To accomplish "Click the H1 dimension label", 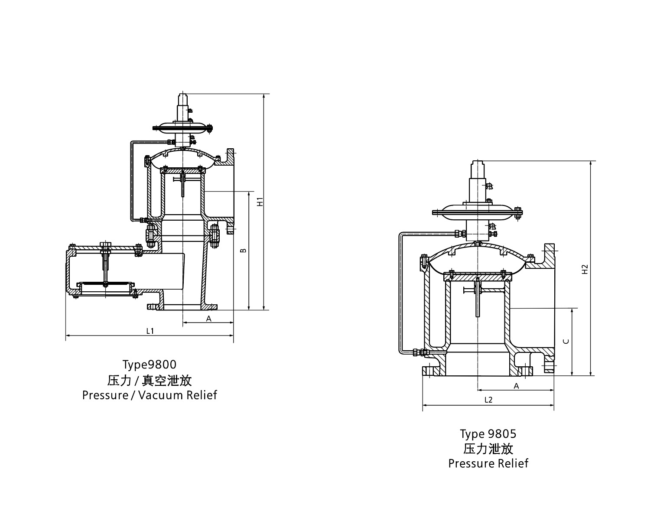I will (260, 202).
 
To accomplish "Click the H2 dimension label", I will (585, 269).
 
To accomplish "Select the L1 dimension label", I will (150, 331).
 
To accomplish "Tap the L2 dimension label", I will (488, 400).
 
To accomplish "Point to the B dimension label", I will (244, 251).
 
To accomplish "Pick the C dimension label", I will (566, 341).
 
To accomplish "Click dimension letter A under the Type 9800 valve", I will (208, 318).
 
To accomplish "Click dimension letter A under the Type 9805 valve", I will (516, 386).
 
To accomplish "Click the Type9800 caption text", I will (149, 364).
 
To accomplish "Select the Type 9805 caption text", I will (488, 434).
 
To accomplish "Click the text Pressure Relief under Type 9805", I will (488, 463).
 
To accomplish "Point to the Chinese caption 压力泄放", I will (488, 448).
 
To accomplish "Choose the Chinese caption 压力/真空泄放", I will (149, 380).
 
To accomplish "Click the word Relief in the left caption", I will (202, 395).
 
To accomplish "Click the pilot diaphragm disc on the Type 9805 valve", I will (477, 212).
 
